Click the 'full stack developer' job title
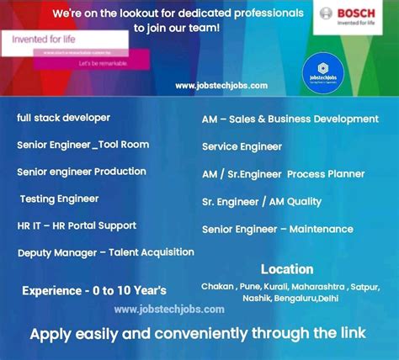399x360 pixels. pos(63,118)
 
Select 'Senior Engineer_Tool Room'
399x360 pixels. pos(82,145)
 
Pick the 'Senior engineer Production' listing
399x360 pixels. pos(81,172)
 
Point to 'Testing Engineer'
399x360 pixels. pos(59,199)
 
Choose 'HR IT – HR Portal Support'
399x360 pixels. pos(76,225)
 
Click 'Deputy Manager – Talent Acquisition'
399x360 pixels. pos(105,252)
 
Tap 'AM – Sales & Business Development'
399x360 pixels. pos(290,119)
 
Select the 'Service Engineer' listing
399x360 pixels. pos(242,147)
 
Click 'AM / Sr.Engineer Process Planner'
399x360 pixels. pos(283,174)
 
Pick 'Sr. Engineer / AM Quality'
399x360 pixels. pos(262,202)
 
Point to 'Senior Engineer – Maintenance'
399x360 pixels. pos(277,229)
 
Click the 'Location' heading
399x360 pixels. pos(287,269)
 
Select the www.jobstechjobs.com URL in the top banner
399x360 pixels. pos(221,85)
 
